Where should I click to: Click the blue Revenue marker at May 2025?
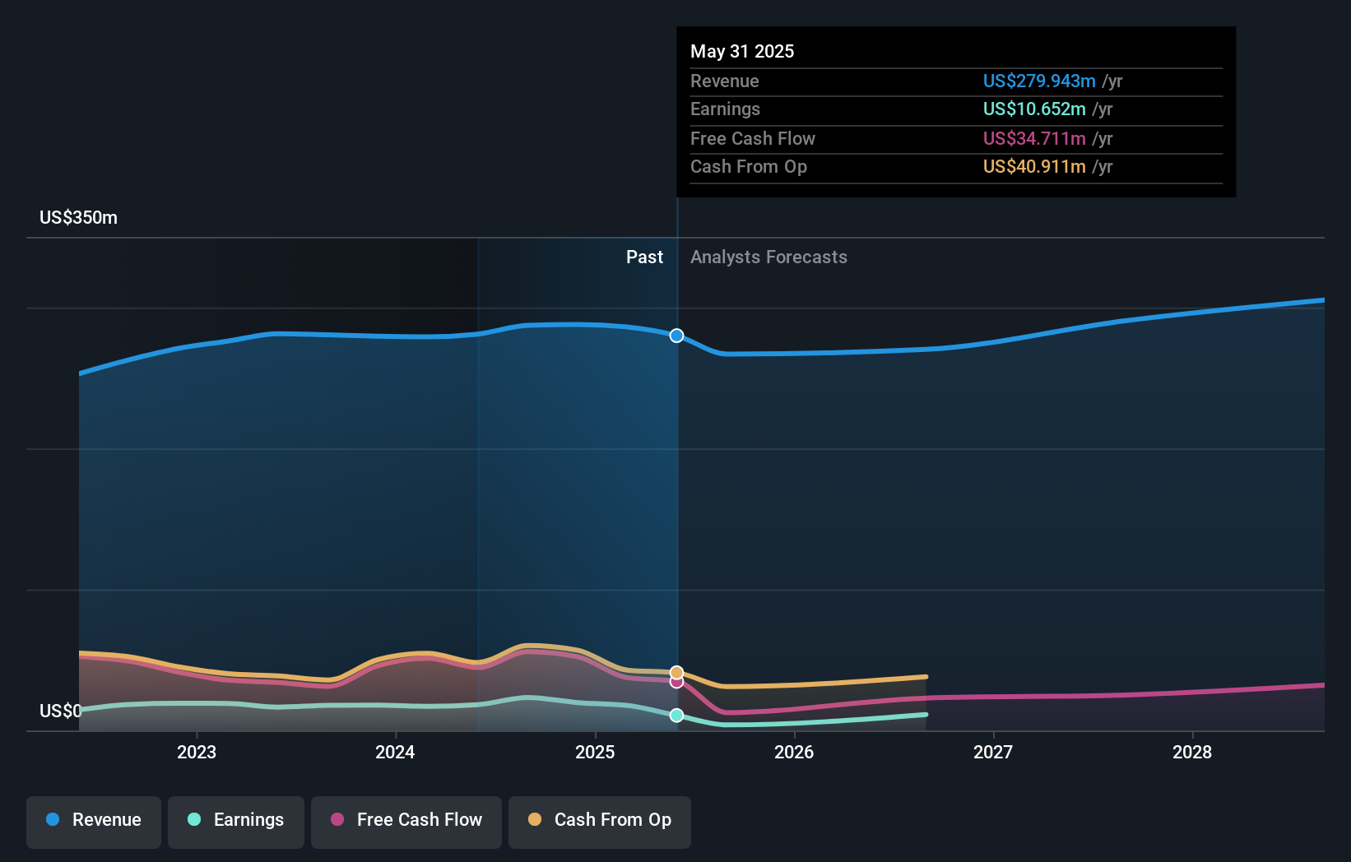(x=676, y=336)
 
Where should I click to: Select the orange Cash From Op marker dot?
(x=676, y=673)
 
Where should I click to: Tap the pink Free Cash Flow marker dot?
(x=676, y=682)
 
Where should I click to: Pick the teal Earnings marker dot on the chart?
(x=676, y=716)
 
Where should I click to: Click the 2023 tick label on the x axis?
(x=197, y=752)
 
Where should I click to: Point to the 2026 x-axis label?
(x=794, y=752)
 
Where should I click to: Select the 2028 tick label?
(x=1192, y=752)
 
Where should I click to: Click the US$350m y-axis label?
(x=78, y=218)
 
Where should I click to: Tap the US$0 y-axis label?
(x=60, y=711)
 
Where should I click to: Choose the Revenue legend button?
(x=94, y=820)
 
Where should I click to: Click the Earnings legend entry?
(x=236, y=820)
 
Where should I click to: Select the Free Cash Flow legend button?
(x=406, y=820)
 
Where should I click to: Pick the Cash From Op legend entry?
(x=600, y=820)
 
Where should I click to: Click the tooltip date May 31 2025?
(x=742, y=51)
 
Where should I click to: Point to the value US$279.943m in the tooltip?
(x=1039, y=81)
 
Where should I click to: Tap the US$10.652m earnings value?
(x=1034, y=109)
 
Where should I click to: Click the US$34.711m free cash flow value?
(x=1034, y=138)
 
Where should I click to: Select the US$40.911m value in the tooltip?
(x=1034, y=166)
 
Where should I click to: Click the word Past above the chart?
(x=644, y=257)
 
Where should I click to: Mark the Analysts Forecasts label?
(x=768, y=257)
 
